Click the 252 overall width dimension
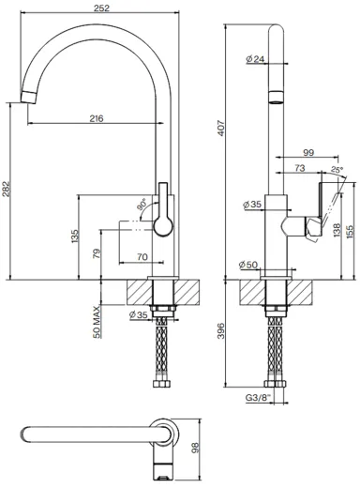pos(102,8)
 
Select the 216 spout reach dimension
pos(97,119)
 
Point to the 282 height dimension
pos(7,189)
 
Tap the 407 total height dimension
pos(221,128)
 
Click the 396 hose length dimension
pos(221,331)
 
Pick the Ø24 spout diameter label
pos(255,59)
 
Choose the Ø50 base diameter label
pos(248,265)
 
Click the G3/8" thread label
pos(258,398)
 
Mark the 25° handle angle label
pos(337,170)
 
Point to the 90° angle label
pos(142,204)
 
